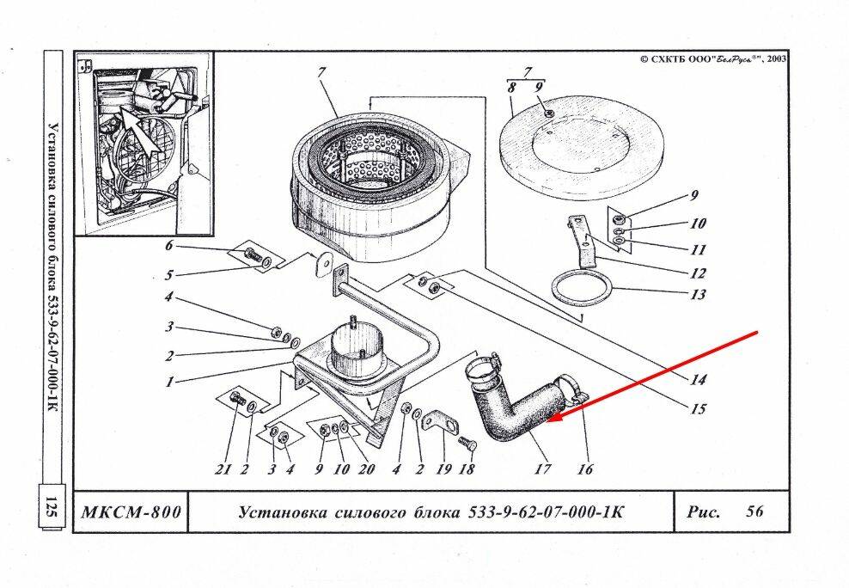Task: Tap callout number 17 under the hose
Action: click(542, 469)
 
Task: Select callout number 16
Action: click(585, 469)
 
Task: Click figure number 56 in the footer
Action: click(754, 511)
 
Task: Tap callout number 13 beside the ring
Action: click(697, 295)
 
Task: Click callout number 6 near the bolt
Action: click(169, 247)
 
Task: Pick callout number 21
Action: click(225, 469)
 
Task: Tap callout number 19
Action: click(443, 469)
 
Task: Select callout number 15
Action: click(698, 409)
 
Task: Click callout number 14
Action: click(698, 379)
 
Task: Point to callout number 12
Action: click(697, 273)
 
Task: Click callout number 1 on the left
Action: click(170, 382)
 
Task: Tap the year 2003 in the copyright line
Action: click(777, 59)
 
